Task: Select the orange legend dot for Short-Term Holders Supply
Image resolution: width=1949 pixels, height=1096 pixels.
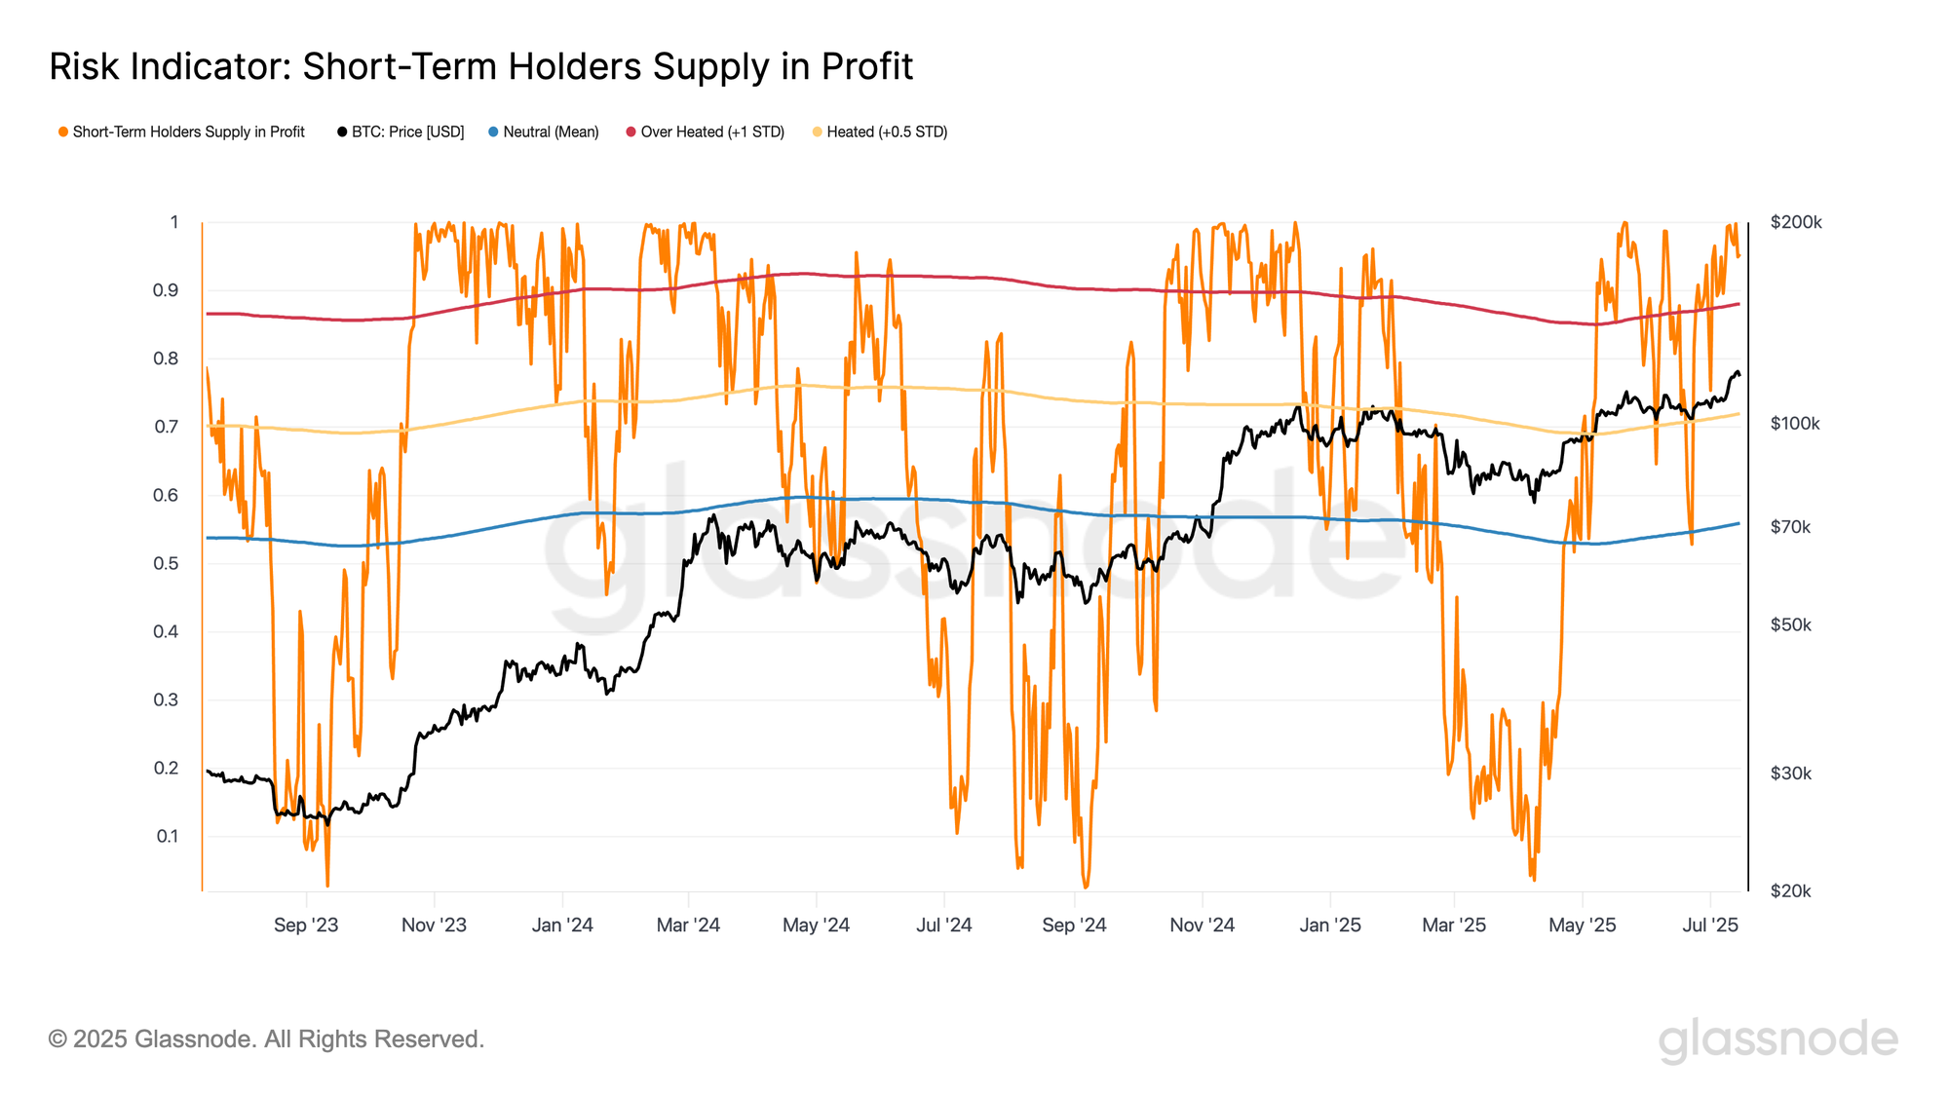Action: [x=63, y=132]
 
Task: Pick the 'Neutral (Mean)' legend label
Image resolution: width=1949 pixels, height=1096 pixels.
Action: [x=551, y=132]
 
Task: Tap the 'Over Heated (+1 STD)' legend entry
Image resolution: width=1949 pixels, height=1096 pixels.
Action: [x=712, y=132]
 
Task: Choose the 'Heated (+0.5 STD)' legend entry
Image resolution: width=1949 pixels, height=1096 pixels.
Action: [x=887, y=132]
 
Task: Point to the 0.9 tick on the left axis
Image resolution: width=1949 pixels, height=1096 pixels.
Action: [x=166, y=290]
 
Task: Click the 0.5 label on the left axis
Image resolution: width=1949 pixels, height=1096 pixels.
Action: [x=166, y=563]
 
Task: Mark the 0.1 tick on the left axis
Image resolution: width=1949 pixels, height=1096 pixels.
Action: [x=167, y=836]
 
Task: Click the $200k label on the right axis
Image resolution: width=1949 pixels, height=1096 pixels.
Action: [x=1795, y=222]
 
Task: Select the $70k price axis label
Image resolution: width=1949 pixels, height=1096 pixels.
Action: [x=1790, y=527]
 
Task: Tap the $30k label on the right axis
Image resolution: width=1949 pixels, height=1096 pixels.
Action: [x=1790, y=774]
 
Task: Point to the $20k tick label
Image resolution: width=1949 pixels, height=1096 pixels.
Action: [x=1790, y=891]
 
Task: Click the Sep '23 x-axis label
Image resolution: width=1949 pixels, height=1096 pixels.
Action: [x=306, y=926]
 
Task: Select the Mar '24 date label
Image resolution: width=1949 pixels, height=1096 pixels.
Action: [x=688, y=926]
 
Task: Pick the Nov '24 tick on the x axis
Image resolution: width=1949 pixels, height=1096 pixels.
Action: [x=1202, y=926]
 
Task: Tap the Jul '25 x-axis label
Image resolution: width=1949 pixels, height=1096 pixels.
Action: [x=1710, y=926]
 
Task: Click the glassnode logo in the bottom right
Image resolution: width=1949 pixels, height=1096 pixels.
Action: [x=1777, y=1039]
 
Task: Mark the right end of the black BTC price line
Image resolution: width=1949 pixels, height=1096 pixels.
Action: [x=1739, y=375]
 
